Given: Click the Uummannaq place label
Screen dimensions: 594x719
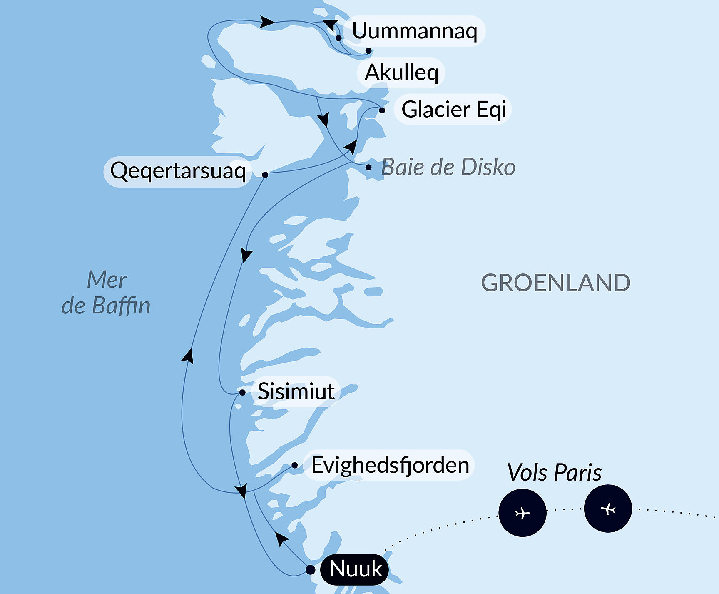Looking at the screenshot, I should click(x=414, y=30).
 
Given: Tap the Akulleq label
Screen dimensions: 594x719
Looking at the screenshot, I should click(x=401, y=73).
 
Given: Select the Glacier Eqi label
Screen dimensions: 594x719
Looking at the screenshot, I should click(x=453, y=109).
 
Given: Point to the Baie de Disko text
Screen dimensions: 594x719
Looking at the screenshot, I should click(x=448, y=167).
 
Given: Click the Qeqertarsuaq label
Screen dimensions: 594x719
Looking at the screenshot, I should click(x=178, y=171).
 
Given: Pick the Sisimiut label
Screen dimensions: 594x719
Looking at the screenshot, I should click(x=296, y=391).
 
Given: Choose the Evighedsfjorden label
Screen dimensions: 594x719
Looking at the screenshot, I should click(x=390, y=465).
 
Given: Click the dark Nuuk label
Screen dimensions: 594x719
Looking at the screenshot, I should click(x=355, y=569).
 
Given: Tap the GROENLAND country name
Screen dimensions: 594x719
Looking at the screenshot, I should click(x=555, y=283).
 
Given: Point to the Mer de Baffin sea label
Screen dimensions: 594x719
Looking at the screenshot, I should click(x=106, y=292).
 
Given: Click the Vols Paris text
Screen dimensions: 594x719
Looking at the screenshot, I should click(x=554, y=472).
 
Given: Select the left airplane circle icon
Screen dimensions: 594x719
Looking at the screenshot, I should click(x=522, y=513).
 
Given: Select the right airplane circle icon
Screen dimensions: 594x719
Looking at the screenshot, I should click(x=608, y=509).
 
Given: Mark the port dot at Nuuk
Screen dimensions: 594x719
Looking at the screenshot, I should click(x=310, y=569).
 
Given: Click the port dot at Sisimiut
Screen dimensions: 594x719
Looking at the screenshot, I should click(x=242, y=392).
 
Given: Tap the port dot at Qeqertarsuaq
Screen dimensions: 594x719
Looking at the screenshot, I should click(x=265, y=175).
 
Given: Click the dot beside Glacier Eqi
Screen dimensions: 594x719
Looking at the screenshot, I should click(x=382, y=110).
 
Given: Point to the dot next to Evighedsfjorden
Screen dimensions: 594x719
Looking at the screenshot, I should click(x=294, y=465).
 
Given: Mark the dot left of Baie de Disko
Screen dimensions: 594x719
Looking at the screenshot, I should click(x=368, y=168).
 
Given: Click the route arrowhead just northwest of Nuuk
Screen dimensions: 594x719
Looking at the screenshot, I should click(x=282, y=539).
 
